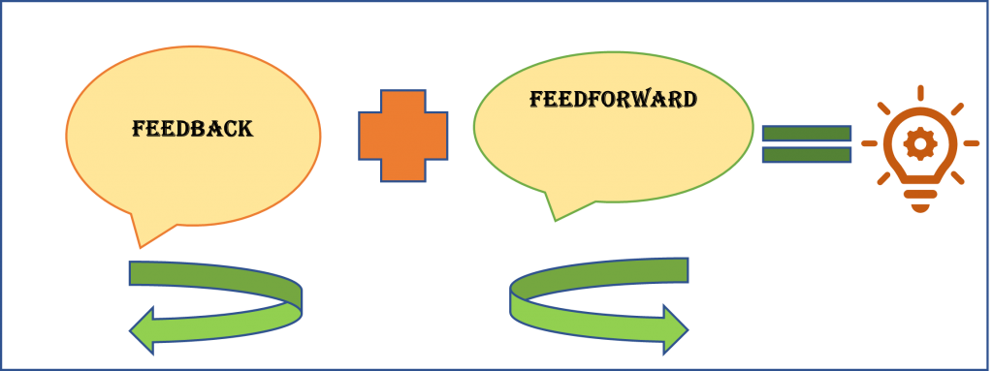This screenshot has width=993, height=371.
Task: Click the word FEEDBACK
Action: click(192, 128)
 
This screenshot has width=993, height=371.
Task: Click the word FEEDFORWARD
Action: click(613, 99)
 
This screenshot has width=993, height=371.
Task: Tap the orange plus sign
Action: click(403, 136)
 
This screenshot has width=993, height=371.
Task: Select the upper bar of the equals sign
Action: click(807, 134)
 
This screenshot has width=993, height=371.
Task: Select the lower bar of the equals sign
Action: click(807, 154)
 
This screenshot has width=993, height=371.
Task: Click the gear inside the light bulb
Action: click(917, 144)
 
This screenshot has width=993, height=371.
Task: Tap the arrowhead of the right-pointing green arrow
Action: click(673, 325)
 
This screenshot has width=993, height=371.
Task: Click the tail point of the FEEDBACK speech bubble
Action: click(138, 243)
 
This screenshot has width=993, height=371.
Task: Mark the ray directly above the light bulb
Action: click(919, 92)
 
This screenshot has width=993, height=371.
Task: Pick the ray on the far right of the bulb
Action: click(970, 143)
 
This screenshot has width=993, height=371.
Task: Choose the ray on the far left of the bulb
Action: click(869, 143)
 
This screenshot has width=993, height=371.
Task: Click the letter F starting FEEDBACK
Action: click(139, 128)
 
